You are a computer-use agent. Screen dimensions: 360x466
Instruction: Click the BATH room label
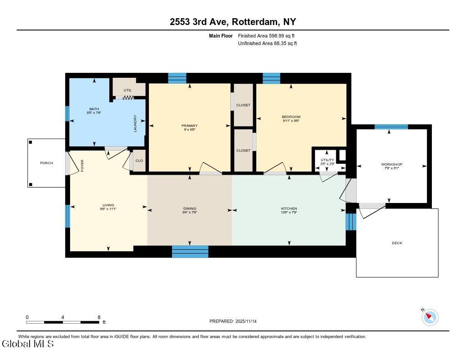pos(94,109)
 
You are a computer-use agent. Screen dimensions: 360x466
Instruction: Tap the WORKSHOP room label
pos(391,164)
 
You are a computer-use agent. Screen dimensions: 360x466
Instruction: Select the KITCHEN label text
pos(289,208)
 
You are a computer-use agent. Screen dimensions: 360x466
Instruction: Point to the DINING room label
pos(189,208)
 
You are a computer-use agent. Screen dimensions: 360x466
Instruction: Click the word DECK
pos(397,243)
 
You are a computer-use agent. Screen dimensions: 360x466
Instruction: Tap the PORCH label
pos(46,163)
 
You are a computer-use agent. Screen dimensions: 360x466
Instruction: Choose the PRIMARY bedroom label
pos(189,126)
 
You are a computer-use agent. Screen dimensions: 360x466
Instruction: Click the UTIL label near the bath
pos(127,90)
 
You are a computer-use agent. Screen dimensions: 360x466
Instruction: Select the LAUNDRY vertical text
pos(135,123)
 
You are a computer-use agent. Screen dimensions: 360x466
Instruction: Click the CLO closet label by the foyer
pos(139,160)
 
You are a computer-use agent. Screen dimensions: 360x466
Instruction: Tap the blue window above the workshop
pos(391,127)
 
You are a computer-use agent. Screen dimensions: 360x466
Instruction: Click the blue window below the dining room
pos(190,251)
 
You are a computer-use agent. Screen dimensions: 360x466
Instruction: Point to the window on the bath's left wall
pos(67,113)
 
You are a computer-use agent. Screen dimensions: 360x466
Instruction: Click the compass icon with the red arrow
pos(430,317)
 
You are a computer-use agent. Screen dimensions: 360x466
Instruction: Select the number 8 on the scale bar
pos(99,317)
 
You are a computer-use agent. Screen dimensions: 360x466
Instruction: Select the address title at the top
pos(233,22)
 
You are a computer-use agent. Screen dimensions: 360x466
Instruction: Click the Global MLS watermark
pos(28,344)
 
